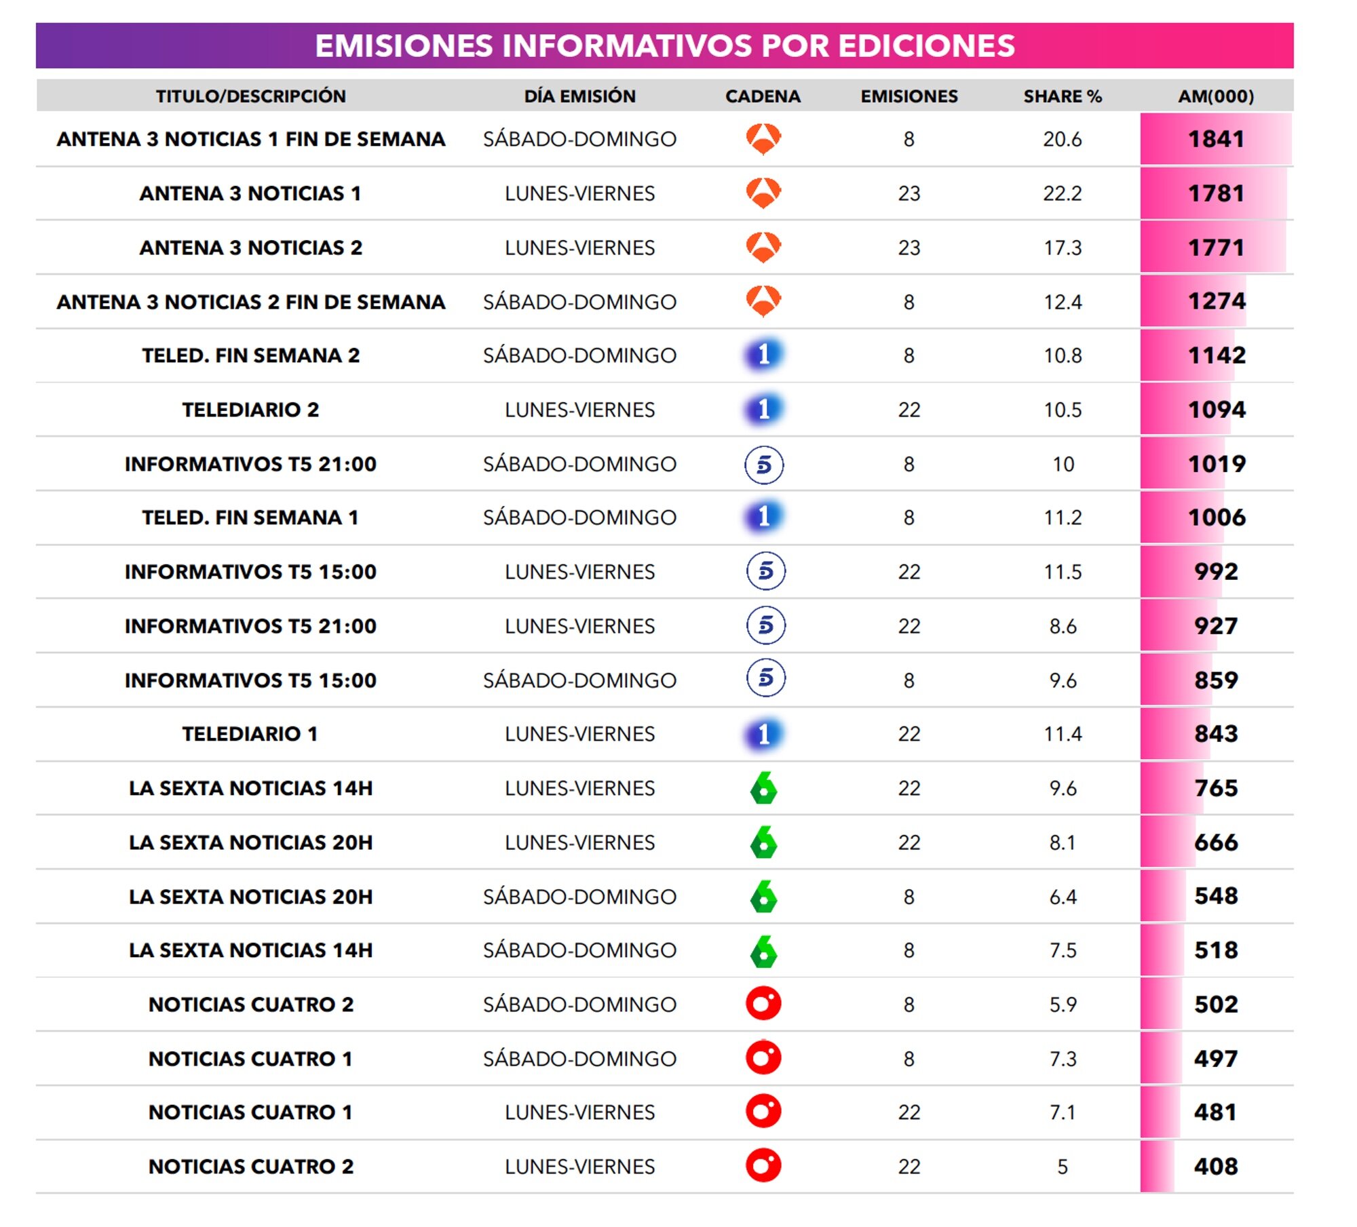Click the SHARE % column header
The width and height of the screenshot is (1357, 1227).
click(x=1062, y=96)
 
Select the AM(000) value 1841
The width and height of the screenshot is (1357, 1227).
click(x=1216, y=139)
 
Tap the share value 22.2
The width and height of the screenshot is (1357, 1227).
click(x=1062, y=193)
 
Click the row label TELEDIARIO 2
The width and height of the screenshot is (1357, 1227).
click(x=250, y=410)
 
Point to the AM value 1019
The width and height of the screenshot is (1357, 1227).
click(x=1217, y=464)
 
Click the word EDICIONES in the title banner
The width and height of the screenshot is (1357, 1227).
click(x=926, y=46)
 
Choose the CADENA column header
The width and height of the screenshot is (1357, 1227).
click(x=763, y=96)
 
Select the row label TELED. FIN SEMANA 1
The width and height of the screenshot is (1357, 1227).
click(x=250, y=518)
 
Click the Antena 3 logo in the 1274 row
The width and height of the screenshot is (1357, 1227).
click(x=763, y=300)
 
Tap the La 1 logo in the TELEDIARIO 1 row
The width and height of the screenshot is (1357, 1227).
click(x=764, y=734)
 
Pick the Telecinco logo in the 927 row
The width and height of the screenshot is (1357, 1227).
click(x=765, y=625)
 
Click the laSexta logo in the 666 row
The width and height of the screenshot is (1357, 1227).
click(x=764, y=842)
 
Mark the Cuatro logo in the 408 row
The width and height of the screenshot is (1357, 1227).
click(x=763, y=1165)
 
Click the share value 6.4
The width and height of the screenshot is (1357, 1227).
click(x=1063, y=897)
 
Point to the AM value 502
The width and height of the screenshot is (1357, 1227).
click(x=1216, y=1005)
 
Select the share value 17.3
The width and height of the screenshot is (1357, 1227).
click(x=1063, y=248)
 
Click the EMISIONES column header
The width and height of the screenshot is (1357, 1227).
click(x=909, y=96)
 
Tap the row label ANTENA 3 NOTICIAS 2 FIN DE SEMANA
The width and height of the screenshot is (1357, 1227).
click(x=250, y=302)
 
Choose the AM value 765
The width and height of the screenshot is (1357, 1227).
click(x=1216, y=788)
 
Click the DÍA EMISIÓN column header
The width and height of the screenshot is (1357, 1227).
click(x=579, y=96)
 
